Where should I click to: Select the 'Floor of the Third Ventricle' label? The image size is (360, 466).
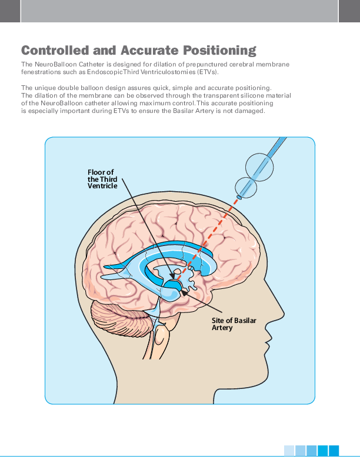102,179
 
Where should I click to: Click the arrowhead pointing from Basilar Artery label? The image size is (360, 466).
185,289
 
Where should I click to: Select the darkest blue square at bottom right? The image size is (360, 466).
334,451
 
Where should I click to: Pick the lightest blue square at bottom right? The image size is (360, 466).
289,451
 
